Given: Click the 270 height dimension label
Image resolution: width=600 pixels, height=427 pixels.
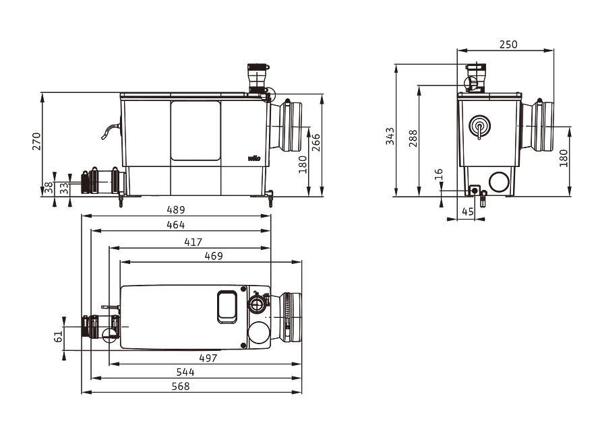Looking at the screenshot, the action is coord(36,141).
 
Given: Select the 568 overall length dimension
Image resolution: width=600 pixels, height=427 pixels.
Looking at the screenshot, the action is coord(180,387).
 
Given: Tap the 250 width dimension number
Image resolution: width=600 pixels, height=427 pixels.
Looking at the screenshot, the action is coord(508,44).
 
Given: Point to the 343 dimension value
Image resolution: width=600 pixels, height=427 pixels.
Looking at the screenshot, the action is coord(390,136).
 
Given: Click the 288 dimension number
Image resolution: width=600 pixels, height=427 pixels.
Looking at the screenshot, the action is coord(413,138).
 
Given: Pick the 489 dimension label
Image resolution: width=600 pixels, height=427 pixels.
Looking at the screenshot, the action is coord(176,210).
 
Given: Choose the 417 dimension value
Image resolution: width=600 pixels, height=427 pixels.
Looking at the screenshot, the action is coord(193,242).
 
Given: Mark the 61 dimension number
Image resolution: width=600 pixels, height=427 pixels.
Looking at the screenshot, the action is coord(58,336).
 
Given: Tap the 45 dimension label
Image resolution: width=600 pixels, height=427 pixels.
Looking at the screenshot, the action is coord(468,211).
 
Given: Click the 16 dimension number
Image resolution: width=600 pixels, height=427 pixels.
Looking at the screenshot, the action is coord(439,174).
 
